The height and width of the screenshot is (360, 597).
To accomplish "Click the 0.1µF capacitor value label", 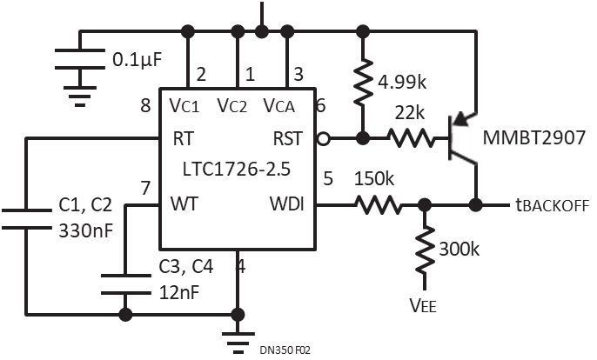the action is (138, 60).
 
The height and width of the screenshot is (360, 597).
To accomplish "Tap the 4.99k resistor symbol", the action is (363, 82).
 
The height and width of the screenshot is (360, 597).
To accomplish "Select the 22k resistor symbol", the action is (410, 138).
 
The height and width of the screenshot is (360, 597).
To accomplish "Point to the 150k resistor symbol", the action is (379, 205).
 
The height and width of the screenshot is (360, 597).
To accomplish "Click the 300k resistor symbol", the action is (425, 250).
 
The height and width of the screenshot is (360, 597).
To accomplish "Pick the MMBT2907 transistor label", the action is (533, 137).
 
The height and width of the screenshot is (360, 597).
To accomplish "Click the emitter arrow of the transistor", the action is (461, 119).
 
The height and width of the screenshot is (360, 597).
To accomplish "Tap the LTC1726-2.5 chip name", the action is (237, 169).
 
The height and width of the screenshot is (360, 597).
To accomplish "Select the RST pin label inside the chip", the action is (288, 138).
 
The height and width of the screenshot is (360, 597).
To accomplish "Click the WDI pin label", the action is (287, 204).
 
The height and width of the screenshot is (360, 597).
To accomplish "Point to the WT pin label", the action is (184, 204).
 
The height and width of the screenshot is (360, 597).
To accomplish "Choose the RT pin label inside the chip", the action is (183, 138).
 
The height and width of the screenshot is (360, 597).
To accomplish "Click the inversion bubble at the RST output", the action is (323, 139).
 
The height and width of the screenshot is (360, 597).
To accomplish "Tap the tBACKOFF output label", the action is (553, 205).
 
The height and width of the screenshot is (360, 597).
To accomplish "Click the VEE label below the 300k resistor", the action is (423, 305).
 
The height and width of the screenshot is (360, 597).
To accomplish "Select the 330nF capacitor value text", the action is (86, 230).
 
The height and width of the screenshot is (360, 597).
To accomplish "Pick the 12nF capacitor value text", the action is (179, 293).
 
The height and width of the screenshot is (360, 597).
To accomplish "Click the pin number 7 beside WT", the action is (145, 189).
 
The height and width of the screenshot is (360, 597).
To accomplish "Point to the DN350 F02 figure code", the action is (285, 350).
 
